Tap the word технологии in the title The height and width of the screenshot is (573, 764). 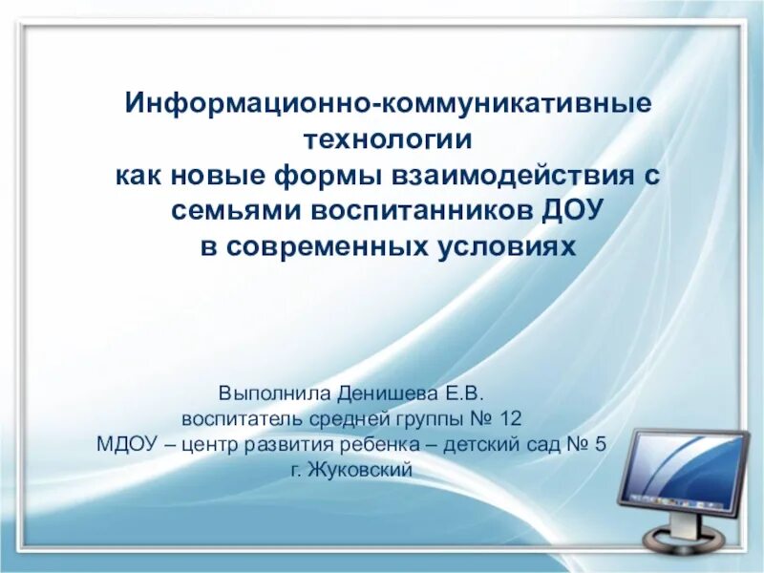(x=388, y=138)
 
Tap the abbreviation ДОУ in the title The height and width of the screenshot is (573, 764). (x=570, y=211)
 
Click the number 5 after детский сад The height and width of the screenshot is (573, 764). (x=600, y=444)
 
